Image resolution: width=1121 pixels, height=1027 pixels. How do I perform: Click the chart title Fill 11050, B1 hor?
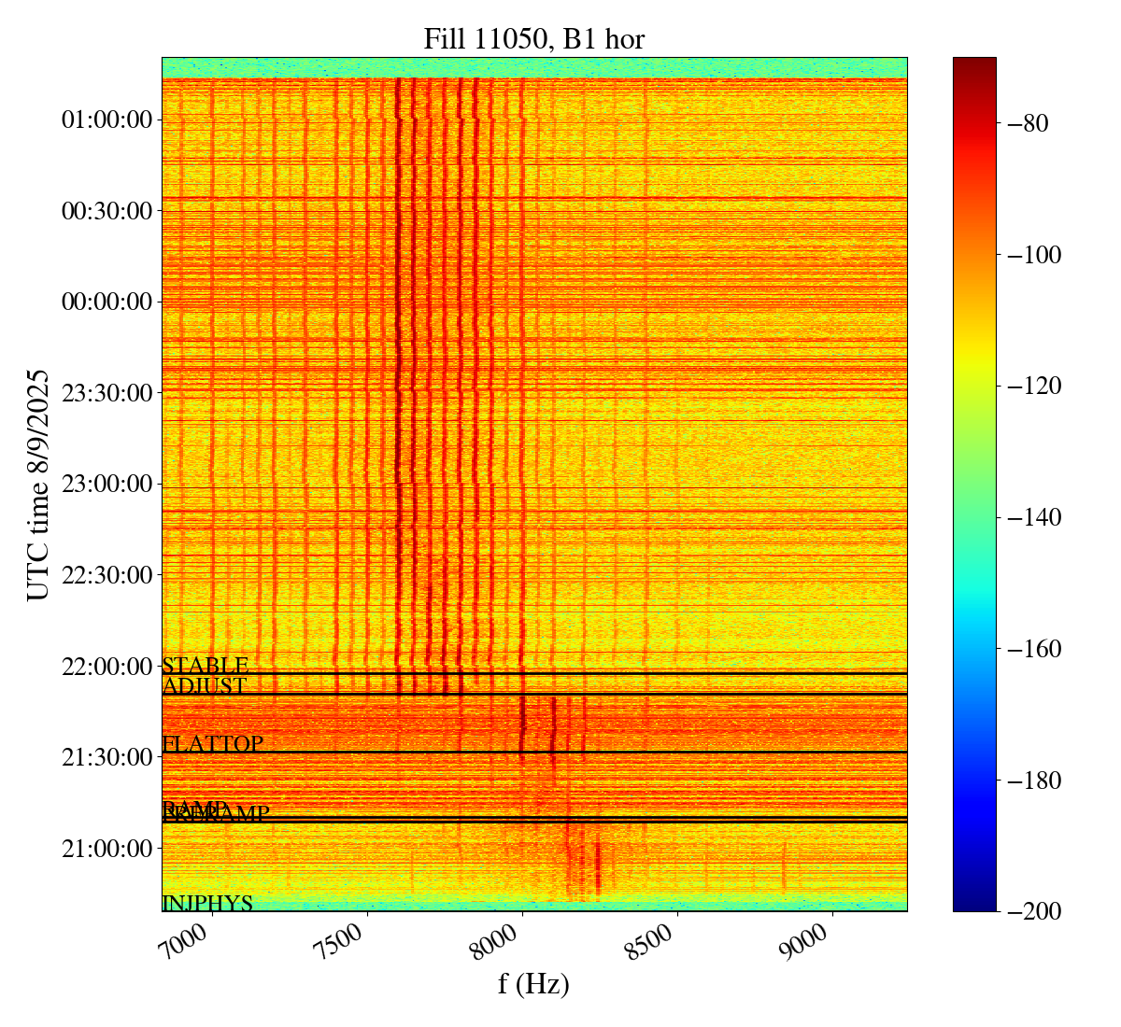(533, 39)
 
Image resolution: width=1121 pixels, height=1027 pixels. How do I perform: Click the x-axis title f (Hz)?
(533, 983)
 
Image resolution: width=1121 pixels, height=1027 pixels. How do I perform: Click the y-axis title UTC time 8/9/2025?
(37, 485)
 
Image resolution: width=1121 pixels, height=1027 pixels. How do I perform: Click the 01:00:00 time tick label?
(106, 120)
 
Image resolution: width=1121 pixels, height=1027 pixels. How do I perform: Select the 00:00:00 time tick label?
(106, 302)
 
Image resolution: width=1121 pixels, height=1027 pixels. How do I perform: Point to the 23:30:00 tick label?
(106, 392)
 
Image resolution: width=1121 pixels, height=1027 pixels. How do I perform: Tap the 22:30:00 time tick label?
(106, 574)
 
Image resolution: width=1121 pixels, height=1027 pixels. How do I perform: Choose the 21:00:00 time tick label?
(106, 848)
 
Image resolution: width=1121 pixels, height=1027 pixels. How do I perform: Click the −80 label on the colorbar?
(1028, 123)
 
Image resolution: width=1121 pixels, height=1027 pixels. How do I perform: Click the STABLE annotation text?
(206, 666)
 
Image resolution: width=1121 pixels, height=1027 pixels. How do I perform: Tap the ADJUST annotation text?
(205, 686)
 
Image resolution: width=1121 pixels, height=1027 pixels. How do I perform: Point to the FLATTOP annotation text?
(213, 744)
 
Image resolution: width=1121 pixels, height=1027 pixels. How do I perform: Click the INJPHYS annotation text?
(207, 904)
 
